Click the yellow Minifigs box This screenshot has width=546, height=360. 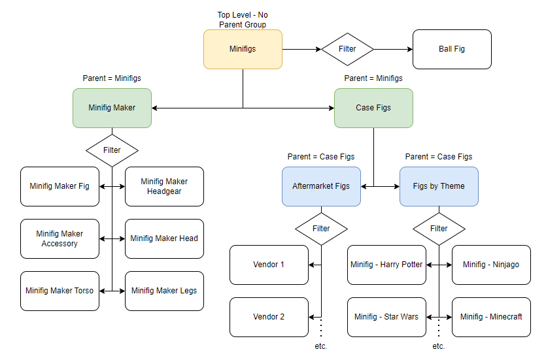tap(243, 49)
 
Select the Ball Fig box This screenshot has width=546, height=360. tap(452, 49)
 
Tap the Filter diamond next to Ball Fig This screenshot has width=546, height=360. tap(347, 49)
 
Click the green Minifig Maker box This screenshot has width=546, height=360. tap(112, 108)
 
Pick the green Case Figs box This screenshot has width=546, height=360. tap(373, 108)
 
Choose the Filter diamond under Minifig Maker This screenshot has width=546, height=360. tap(112, 150)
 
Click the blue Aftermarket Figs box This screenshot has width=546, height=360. tap(322, 186)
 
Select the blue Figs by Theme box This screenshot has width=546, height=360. tap(439, 186)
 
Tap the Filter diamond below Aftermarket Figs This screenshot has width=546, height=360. tap(322, 229)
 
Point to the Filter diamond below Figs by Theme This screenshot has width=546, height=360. tap(439, 229)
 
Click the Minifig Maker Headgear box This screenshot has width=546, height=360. tap(164, 186)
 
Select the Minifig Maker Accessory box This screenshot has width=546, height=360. tap(60, 238)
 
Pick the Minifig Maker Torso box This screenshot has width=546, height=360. tap(60, 291)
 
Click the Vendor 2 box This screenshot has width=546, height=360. tap(269, 317)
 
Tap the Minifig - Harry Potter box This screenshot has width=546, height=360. tap(387, 265)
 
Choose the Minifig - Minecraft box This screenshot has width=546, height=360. tap(491, 317)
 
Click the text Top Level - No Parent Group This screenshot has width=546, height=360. tap(243, 20)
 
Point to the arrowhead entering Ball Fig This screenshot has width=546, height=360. tap(410, 49)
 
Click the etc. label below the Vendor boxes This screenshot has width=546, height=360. tap(321, 346)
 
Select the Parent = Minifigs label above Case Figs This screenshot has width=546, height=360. tap(373, 78)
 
